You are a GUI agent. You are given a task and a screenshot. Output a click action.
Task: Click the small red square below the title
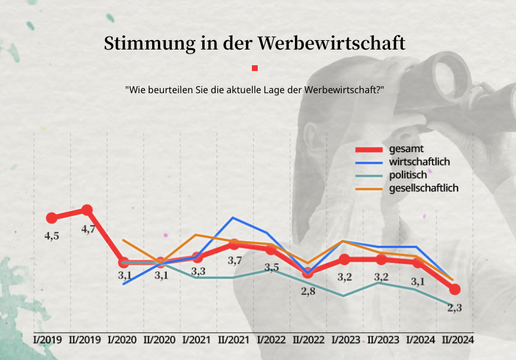click(x=255, y=68)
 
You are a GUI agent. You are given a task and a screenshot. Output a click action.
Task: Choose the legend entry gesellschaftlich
click(x=423, y=188)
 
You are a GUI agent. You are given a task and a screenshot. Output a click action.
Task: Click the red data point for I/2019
click(x=51, y=218)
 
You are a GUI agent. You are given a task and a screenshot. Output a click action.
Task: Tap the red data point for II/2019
click(x=87, y=210)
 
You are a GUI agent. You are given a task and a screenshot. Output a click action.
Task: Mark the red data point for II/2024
click(x=455, y=289)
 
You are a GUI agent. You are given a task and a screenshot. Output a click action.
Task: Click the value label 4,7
click(x=89, y=230)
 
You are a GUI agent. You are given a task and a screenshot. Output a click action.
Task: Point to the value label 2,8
click(x=308, y=291)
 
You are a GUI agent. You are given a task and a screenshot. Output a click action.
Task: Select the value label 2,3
click(x=454, y=308)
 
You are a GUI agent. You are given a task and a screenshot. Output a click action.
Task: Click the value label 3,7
click(x=235, y=261)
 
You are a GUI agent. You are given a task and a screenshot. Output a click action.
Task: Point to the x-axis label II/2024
click(x=457, y=340)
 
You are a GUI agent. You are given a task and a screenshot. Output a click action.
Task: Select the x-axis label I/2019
click(x=48, y=340)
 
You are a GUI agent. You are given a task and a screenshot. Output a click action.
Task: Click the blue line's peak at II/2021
click(x=233, y=218)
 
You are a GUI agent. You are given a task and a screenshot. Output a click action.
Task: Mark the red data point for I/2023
click(x=344, y=259)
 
